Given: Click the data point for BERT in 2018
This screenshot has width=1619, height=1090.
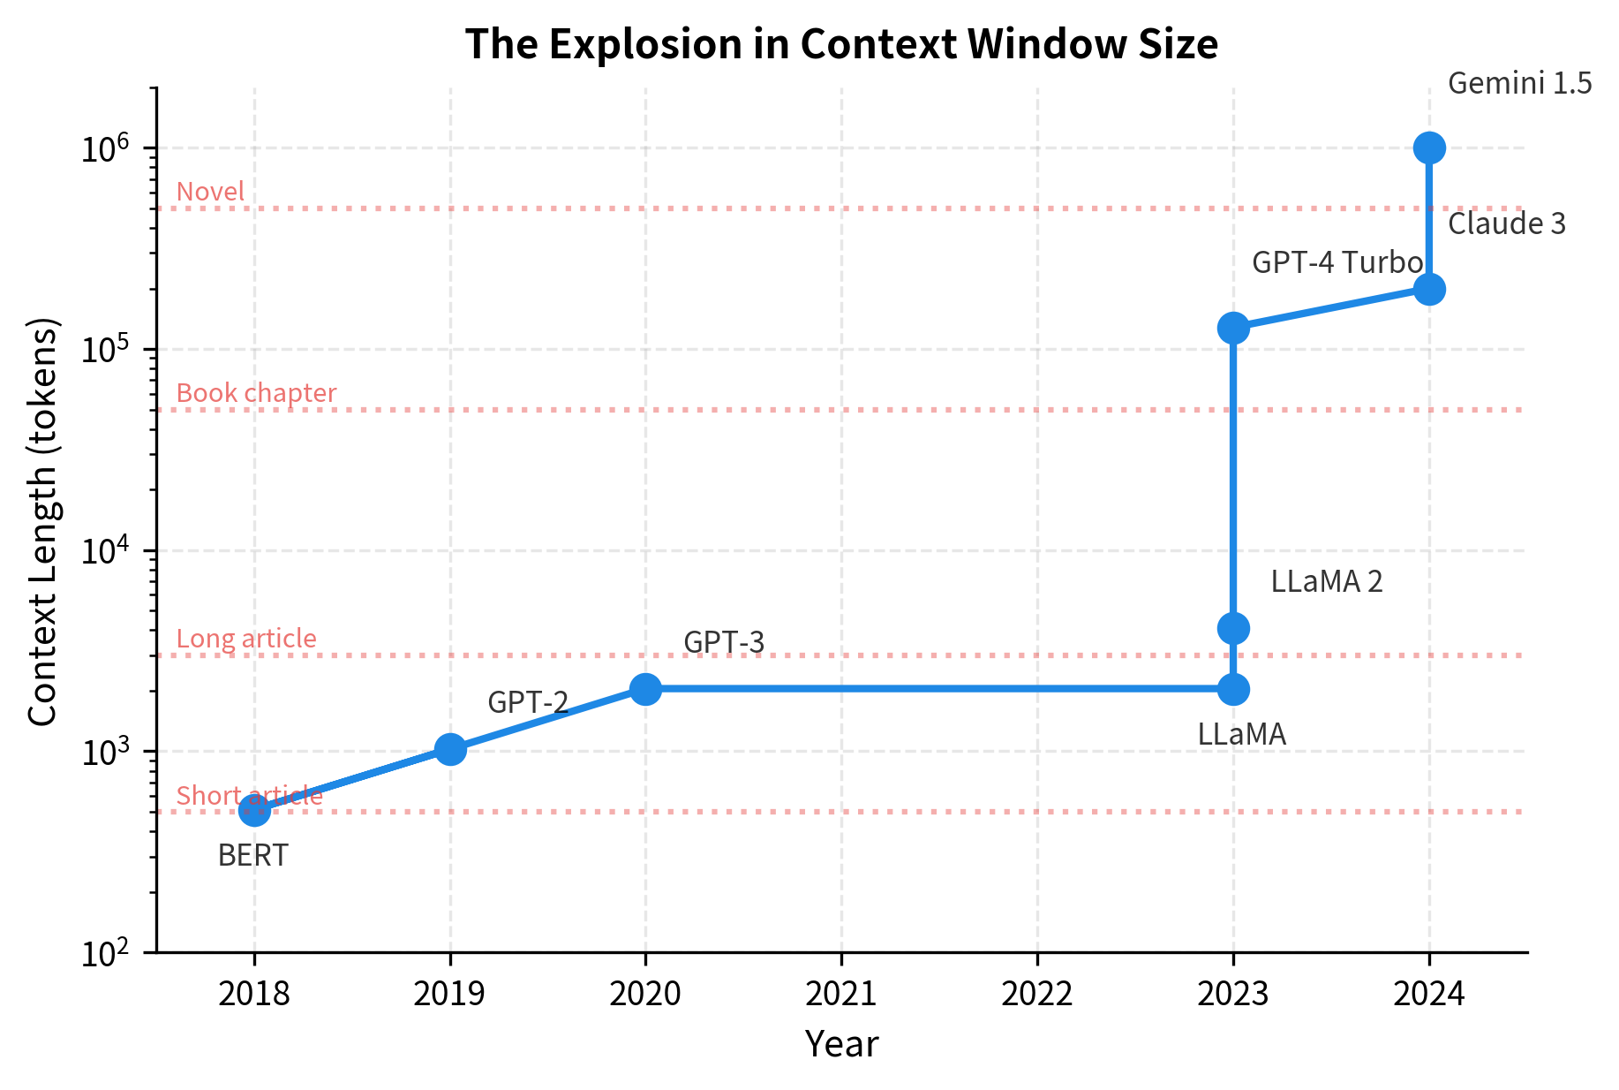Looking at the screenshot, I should [x=254, y=810].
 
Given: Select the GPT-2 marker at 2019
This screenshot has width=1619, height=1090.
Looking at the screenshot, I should [x=450, y=749].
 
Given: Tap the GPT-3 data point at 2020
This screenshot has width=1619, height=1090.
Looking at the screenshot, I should [x=645, y=688].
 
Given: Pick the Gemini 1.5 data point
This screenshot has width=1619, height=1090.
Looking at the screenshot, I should [x=1429, y=148].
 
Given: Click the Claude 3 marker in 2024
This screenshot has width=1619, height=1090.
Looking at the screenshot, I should [x=1429, y=289].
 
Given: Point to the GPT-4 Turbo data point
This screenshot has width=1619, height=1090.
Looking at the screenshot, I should [x=1233, y=328].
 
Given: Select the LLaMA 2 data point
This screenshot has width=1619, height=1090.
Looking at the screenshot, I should [x=1233, y=628].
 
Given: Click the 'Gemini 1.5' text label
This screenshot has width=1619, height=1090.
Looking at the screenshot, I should [x=1519, y=84].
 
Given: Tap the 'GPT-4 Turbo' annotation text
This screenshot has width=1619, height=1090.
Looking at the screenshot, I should [x=1337, y=262].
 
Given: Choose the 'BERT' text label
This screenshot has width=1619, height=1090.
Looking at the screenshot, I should [x=252, y=856].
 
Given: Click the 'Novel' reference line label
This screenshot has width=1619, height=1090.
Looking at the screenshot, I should [x=210, y=192].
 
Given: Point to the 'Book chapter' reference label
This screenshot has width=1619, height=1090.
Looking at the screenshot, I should [x=256, y=393].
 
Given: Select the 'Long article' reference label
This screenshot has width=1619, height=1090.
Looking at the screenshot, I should [x=246, y=639].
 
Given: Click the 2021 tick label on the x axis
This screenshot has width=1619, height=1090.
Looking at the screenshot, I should [x=841, y=995].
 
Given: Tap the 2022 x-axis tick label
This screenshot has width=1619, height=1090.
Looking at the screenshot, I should [x=1037, y=995].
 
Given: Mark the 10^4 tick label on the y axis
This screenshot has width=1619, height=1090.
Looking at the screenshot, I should [x=105, y=552].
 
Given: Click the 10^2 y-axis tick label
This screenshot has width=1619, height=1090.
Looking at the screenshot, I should [x=105, y=954].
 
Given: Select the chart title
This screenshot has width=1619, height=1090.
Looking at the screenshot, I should [x=841, y=44].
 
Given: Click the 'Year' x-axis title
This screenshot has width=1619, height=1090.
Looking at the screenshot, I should [x=841, y=1045].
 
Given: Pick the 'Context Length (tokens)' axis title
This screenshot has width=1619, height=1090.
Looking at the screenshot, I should [x=42, y=521].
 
